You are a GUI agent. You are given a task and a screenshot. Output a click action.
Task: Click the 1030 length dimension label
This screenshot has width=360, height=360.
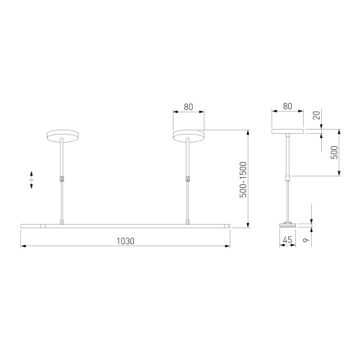pyautogui.click(x=125, y=241)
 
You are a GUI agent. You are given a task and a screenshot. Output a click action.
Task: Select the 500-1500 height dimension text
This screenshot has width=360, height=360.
pyautogui.click(x=243, y=179)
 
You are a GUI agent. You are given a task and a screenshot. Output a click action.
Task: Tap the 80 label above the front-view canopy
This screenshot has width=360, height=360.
pyautogui.click(x=189, y=107)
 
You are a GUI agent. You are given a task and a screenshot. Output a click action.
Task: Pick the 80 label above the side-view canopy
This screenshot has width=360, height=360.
pyautogui.click(x=287, y=107)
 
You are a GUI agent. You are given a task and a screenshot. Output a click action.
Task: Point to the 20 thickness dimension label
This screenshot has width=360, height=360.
pyautogui.click(x=317, y=115)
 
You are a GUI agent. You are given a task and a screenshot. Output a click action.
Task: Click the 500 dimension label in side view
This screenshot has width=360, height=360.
pyautogui.click(x=334, y=152)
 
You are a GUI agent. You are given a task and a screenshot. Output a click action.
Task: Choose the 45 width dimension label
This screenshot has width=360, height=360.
pyautogui.click(x=287, y=240)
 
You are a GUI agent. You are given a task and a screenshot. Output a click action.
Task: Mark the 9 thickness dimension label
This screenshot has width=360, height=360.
pyautogui.click(x=306, y=239)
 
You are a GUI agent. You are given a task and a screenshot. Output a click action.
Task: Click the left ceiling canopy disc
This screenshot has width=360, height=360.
pyautogui.click(x=62, y=136)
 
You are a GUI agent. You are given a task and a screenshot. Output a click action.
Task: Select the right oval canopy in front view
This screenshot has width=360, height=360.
pyautogui.click(x=189, y=136)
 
